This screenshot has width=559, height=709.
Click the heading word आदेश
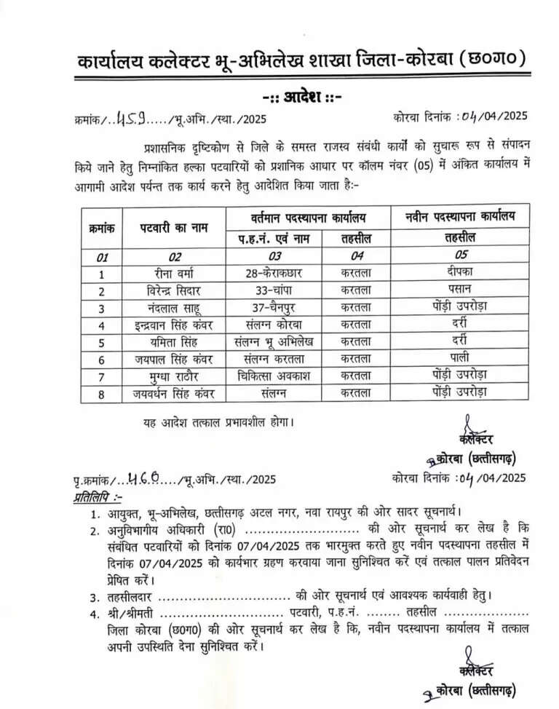(x=299, y=96)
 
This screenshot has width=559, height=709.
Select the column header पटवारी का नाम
(x=175, y=226)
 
